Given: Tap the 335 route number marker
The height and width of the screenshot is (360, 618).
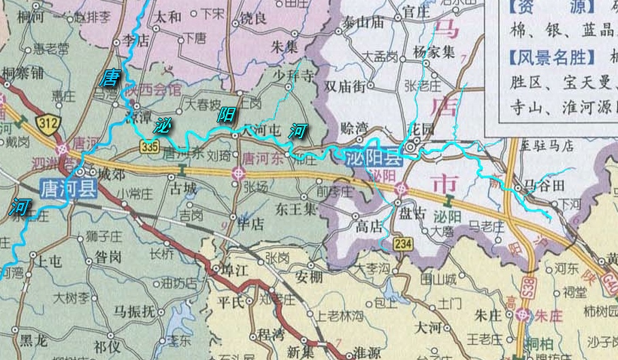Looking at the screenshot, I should [x=150, y=146].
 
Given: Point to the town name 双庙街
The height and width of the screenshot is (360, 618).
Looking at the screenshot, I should [x=345, y=86].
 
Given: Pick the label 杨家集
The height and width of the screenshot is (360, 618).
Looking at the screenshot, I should [x=434, y=51].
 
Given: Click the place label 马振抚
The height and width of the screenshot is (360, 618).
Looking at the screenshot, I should [x=135, y=312].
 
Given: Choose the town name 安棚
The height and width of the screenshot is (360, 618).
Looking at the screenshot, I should [x=309, y=276].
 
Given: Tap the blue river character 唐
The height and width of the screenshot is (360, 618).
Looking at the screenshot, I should [x=108, y=78].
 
